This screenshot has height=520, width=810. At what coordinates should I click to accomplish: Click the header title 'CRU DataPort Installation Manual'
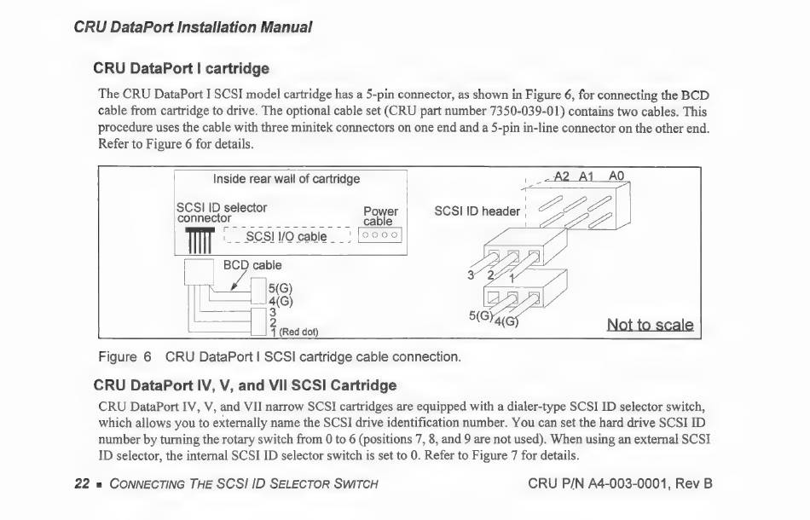(193, 26)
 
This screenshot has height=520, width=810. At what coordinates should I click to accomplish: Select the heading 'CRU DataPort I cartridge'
(181, 68)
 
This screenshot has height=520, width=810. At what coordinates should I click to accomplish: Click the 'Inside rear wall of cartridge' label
(286, 179)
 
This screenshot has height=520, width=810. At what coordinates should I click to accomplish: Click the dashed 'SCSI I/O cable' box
(286, 236)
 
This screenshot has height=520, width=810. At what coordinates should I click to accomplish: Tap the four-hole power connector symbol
(379, 235)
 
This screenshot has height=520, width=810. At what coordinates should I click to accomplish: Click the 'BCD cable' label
(252, 265)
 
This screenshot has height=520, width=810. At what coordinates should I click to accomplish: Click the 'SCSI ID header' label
(477, 211)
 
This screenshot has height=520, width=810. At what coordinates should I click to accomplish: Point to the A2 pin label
(562, 176)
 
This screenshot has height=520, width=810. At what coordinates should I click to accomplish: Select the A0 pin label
(616, 176)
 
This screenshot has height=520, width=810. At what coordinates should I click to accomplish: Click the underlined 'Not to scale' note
(650, 325)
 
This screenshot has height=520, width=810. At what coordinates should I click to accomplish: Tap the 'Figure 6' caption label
(124, 356)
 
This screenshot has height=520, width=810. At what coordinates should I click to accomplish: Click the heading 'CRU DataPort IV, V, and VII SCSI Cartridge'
(245, 385)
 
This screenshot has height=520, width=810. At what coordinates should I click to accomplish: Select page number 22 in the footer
(82, 484)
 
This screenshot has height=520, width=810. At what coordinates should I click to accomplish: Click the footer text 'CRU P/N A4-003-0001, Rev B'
(620, 484)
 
